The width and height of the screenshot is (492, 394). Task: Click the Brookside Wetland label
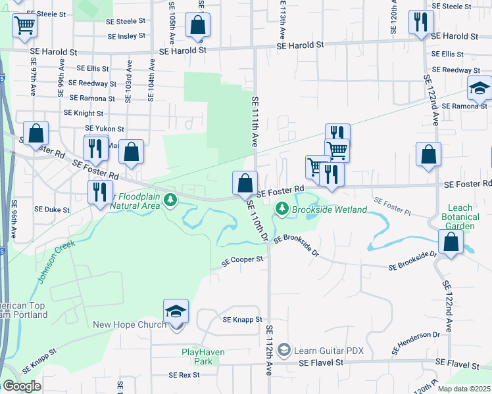tap(329, 209)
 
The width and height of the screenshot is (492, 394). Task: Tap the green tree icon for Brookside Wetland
tap(282, 208)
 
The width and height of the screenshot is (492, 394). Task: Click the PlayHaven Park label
tap(203, 357)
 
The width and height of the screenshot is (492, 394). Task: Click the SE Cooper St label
tap(243, 260)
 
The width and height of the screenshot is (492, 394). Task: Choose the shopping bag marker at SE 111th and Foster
tap(245, 182)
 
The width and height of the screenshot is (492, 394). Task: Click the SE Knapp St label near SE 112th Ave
tap(243, 320)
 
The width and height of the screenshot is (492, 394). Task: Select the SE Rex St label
tap(184, 375)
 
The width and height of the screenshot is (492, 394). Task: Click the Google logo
tap(22, 386)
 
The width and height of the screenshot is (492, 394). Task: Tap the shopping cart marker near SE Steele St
tap(24, 25)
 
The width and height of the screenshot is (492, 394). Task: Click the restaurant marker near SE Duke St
tap(99, 192)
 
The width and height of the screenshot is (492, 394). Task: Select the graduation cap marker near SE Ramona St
tap(480, 87)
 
